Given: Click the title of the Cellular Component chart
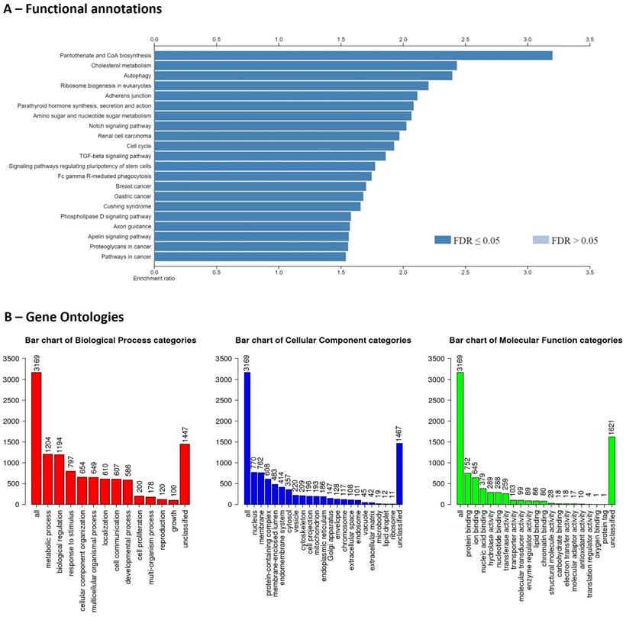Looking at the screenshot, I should [x=323, y=340].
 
